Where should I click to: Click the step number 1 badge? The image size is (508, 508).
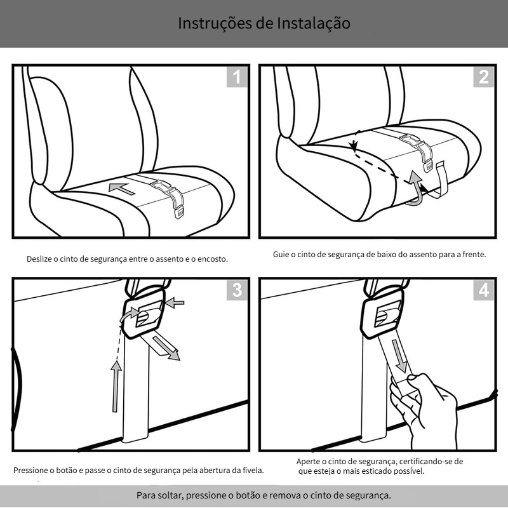pos(237,77)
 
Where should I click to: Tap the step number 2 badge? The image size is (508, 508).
pos(484,77)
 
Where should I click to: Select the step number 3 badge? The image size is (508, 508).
pos(237,290)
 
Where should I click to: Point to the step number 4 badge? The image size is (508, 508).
pos(484,290)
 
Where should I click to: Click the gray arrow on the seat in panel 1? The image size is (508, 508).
pos(122,188)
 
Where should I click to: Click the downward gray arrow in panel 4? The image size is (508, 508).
pos(399,356)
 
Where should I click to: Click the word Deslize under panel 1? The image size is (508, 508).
pos(41,259)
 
